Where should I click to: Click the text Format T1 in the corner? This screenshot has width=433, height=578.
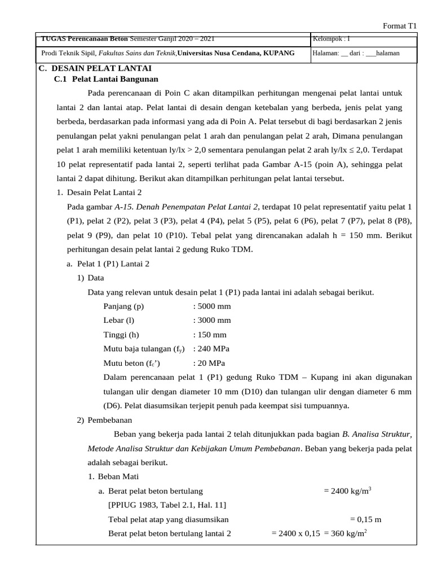click(x=400, y=25)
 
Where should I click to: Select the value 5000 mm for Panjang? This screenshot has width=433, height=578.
click(x=212, y=306)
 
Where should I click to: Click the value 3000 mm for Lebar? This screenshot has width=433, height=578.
click(x=212, y=320)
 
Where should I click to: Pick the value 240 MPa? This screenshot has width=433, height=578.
click(x=211, y=348)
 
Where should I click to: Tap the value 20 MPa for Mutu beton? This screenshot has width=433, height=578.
click(x=210, y=363)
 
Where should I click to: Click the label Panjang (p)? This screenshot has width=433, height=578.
click(x=123, y=306)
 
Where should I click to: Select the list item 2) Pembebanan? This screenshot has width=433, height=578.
click(x=105, y=420)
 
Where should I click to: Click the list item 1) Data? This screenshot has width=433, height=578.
click(x=91, y=278)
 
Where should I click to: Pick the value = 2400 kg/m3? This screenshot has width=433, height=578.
click(x=347, y=491)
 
